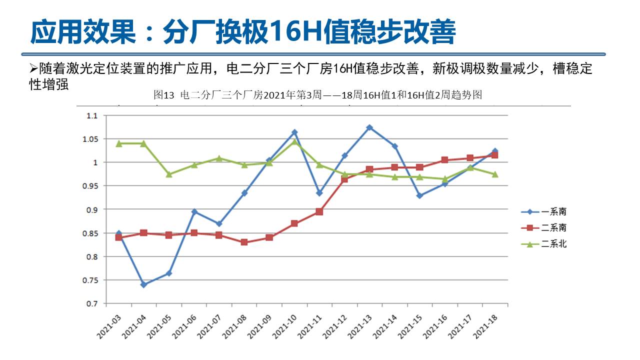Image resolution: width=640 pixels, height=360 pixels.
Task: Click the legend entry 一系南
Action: [x=544, y=211]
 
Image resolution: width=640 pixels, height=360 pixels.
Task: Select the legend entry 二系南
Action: [x=544, y=227]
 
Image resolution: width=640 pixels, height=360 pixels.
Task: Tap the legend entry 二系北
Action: [x=544, y=244]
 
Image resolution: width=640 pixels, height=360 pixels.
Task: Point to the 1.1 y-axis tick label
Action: [x=93, y=115]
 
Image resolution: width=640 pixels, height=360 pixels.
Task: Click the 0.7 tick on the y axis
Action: [x=93, y=303]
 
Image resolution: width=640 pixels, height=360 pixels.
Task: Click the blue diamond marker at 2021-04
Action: [x=144, y=284]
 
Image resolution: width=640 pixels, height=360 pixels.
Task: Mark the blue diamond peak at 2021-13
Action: [x=369, y=127]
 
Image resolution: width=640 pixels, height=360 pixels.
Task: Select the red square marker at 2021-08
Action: [x=244, y=242]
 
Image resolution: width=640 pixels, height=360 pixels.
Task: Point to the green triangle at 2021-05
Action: [x=169, y=174]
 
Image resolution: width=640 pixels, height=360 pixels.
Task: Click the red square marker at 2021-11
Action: [x=319, y=211]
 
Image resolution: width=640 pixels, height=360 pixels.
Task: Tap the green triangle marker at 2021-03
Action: [x=119, y=143]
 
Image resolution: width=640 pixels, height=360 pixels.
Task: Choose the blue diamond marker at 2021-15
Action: [x=419, y=195]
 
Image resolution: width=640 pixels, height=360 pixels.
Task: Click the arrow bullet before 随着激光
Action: [x=33, y=68]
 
